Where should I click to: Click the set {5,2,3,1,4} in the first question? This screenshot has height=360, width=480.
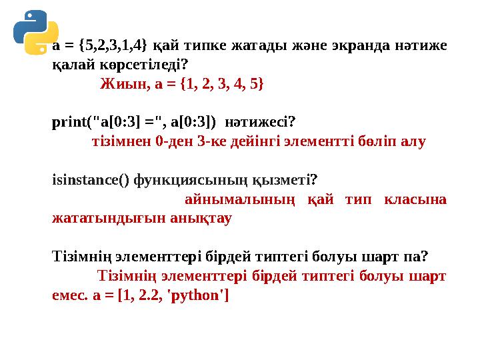tap(111, 46)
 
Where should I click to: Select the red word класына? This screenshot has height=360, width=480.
tap(417, 199)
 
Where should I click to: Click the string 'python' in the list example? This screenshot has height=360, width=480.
tap(199, 295)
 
